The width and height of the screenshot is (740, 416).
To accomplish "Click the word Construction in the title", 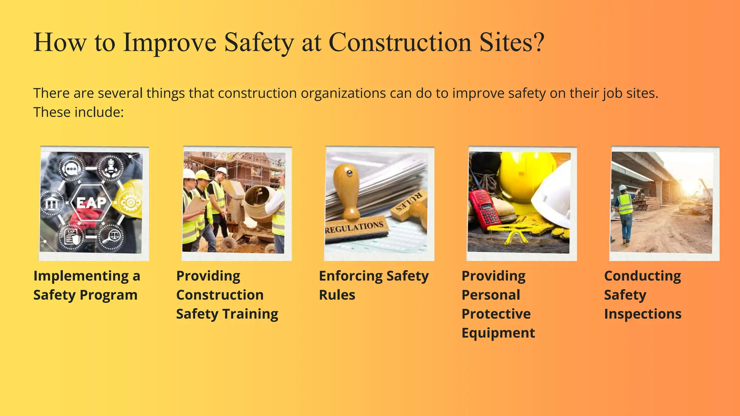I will (x=400, y=43).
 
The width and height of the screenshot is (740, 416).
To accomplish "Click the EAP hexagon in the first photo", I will (x=91, y=203).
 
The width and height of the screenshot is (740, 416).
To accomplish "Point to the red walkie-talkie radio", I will (x=485, y=209).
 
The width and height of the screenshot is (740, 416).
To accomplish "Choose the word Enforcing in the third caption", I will (x=350, y=276).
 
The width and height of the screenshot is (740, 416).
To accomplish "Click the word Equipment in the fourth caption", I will (x=498, y=333).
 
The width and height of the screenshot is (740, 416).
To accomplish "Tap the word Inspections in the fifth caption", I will (x=642, y=314).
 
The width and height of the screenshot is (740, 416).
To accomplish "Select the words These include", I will (x=78, y=112).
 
